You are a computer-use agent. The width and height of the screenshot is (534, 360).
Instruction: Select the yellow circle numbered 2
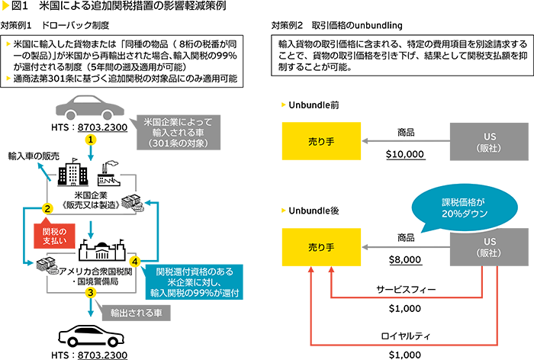click(47, 207)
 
